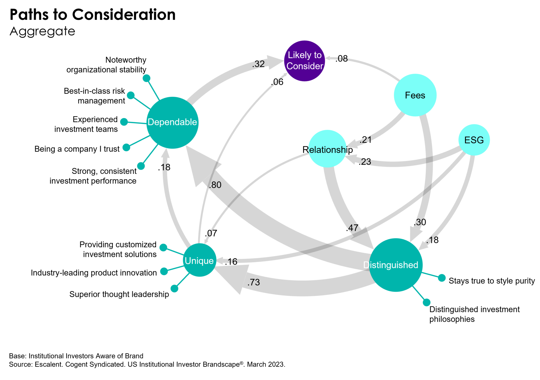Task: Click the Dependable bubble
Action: pyautogui.click(x=172, y=123)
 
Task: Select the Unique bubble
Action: pyautogui.click(x=200, y=260)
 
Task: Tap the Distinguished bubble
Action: pyautogui.click(x=396, y=265)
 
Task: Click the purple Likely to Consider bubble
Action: pyautogui.click(x=305, y=61)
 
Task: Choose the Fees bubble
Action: pyautogui.click(x=415, y=95)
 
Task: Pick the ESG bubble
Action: pyautogui.click(x=474, y=140)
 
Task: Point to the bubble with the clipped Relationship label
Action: pyautogui.click(x=327, y=149)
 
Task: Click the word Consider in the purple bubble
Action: pyautogui.click(x=305, y=66)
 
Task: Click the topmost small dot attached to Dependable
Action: pyautogui.click(x=147, y=78)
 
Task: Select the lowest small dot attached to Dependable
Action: pyautogui.click(x=141, y=166)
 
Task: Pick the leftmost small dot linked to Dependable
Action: pyautogui.click(x=124, y=122)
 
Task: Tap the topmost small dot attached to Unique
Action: pyautogui.click(x=163, y=247)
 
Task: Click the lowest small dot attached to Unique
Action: pyautogui.click(x=174, y=289)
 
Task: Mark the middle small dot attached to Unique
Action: pyautogui.click(x=164, y=271)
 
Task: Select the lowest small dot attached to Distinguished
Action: pyautogui.click(x=427, y=302)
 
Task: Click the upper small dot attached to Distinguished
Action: pyautogui.click(x=442, y=278)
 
